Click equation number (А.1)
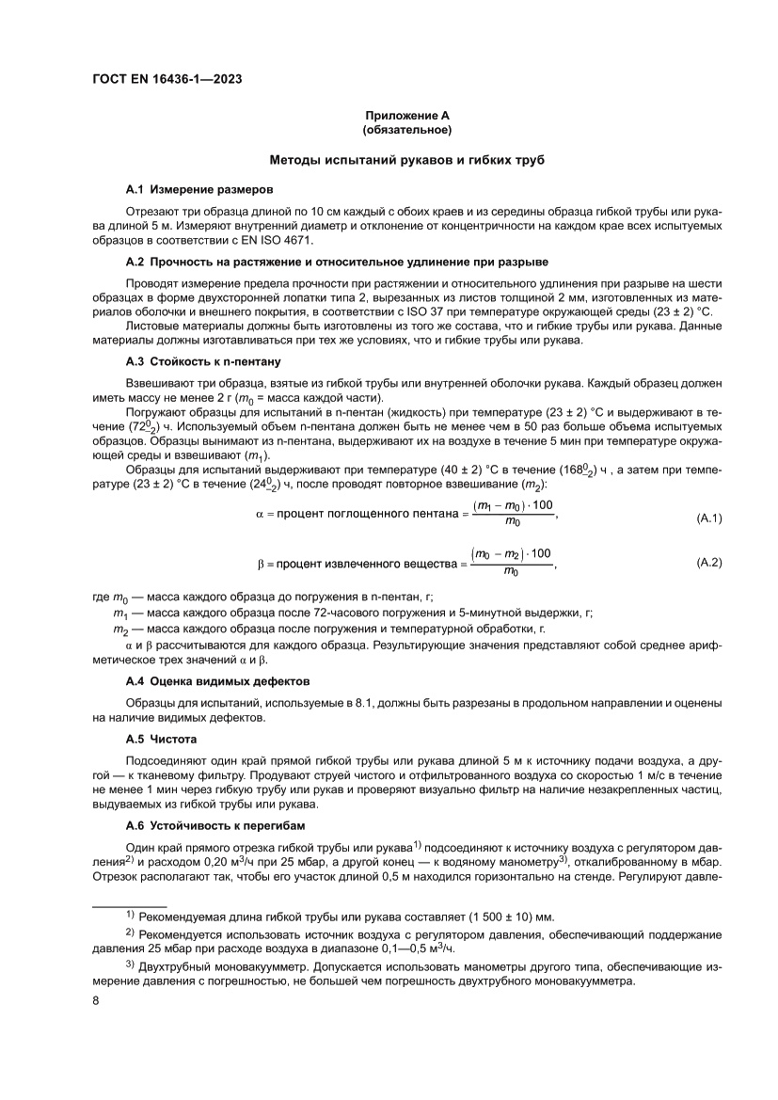pyautogui.click(x=708, y=518)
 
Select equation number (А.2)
pyautogui.click(x=708, y=562)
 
